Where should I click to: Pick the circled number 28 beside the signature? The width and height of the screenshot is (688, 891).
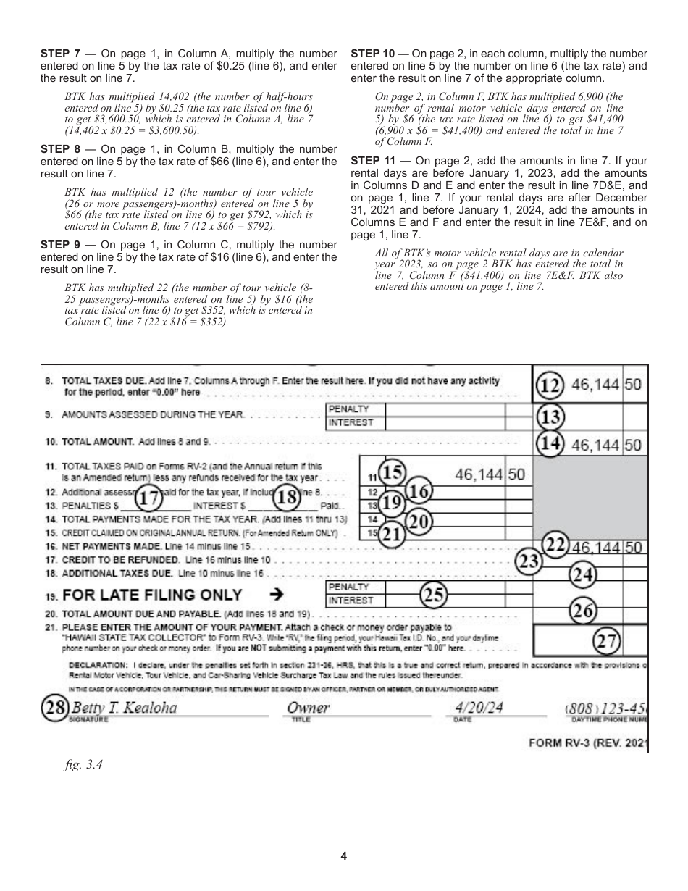tap(54, 707)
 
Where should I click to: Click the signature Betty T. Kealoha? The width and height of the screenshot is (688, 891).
tap(120, 707)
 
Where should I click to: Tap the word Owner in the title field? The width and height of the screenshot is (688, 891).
tap(309, 707)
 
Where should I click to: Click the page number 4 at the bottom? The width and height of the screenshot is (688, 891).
tap(344, 856)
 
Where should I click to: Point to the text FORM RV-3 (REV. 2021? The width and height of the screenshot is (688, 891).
tap(588, 742)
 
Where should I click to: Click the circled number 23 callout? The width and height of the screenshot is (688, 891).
tap(529, 561)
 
